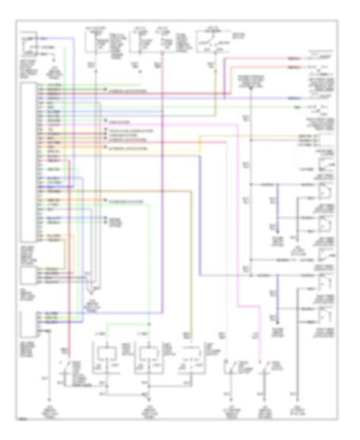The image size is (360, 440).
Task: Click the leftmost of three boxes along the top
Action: (99, 42)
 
